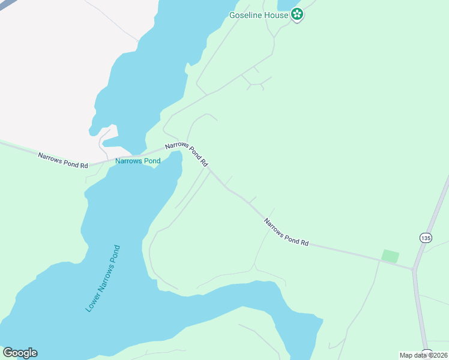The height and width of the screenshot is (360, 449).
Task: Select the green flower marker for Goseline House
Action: pyautogui.click(x=297, y=14)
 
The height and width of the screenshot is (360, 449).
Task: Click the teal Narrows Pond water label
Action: pyautogui.click(x=137, y=161)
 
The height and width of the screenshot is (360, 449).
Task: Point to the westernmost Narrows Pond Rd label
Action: pyautogui.click(x=63, y=160)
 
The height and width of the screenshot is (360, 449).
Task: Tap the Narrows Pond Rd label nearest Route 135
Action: pyautogui.click(x=286, y=232)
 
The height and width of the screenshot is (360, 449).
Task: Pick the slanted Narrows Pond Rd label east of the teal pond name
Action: pyautogui.click(x=187, y=154)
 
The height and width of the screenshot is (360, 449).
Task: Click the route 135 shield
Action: pyautogui.click(x=426, y=238)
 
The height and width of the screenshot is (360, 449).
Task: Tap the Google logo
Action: pyautogui.click(x=20, y=353)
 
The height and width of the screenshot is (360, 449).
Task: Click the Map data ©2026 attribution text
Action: pyautogui.click(x=423, y=355)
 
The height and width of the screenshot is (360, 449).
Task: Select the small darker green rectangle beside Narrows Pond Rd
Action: pyautogui.click(x=390, y=256)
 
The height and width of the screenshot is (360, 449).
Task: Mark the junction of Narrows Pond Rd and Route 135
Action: pyautogui.click(x=413, y=269)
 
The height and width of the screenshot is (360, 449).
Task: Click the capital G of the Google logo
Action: pyautogui.click(x=8, y=353)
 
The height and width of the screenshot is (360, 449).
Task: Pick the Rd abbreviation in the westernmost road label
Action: pyautogui.click(x=83, y=164)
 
